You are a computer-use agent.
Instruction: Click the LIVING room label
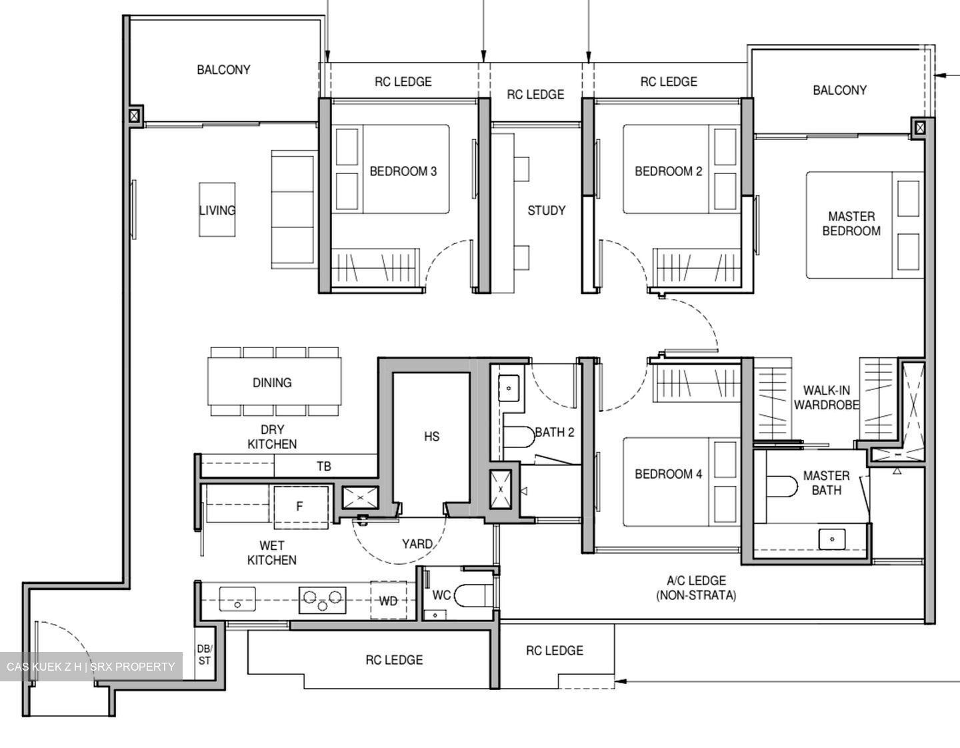tap(217, 210)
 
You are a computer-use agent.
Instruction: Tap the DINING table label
tap(272, 383)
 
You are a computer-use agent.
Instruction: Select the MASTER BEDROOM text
tap(851, 224)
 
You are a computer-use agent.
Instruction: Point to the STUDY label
tap(546, 211)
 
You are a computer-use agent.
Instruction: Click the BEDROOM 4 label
tap(668, 474)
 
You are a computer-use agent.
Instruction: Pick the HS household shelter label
tap(431, 437)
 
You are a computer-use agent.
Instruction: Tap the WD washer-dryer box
tap(388, 601)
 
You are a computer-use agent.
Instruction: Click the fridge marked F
tap(299, 507)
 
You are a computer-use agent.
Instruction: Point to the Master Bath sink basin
tap(832, 538)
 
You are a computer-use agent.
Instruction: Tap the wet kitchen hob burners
tap(323, 599)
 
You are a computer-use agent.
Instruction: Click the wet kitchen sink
tap(237, 598)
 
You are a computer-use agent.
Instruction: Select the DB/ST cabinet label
tap(204, 654)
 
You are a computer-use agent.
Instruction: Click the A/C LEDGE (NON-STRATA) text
tap(696, 588)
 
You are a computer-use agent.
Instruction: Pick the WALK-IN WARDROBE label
tap(826, 397)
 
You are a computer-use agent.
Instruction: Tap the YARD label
tap(417, 544)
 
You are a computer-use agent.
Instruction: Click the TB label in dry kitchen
tap(323, 466)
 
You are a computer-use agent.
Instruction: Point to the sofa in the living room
tap(293, 210)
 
